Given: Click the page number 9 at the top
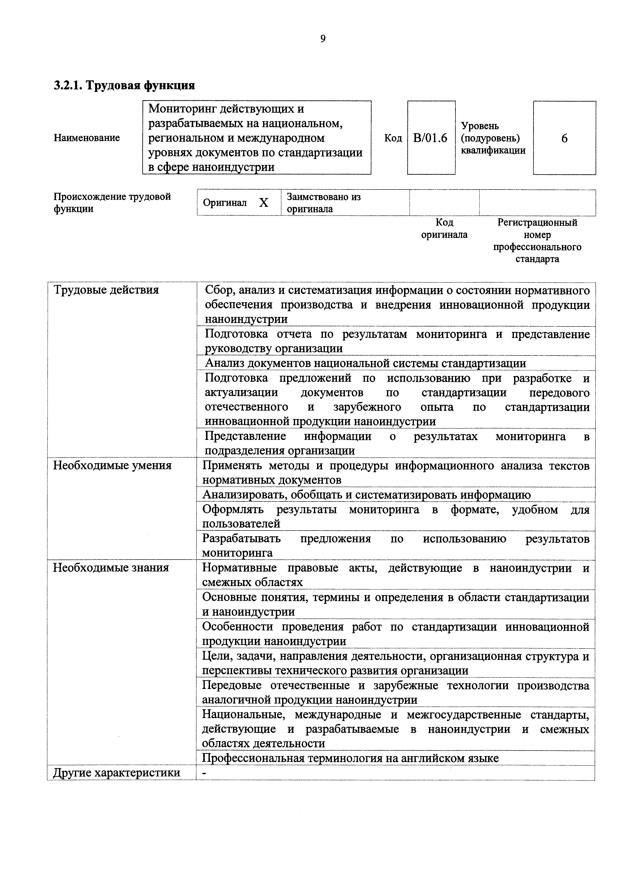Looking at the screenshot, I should [x=323, y=39].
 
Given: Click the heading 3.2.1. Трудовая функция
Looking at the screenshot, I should [x=124, y=85].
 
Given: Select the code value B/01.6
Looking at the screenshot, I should [x=430, y=138].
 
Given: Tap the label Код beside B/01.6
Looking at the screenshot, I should [x=393, y=138].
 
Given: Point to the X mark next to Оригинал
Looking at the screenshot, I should [x=264, y=203].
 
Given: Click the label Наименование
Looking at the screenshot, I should [x=87, y=138].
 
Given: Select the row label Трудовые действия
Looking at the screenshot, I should [x=106, y=290].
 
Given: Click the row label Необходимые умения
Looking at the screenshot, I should [x=112, y=465].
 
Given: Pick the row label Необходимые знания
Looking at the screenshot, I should [x=111, y=568].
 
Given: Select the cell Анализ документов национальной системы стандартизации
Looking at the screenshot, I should [x=365, y=363].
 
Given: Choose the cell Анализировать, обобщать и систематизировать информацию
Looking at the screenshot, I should [x=366, y=495].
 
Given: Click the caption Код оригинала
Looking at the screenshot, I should [x=444, y=228].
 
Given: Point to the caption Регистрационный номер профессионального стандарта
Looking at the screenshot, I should [x=537, y=241].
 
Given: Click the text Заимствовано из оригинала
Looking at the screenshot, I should [x=323, y=203].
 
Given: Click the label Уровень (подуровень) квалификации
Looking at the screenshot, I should [x=493, y=138].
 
